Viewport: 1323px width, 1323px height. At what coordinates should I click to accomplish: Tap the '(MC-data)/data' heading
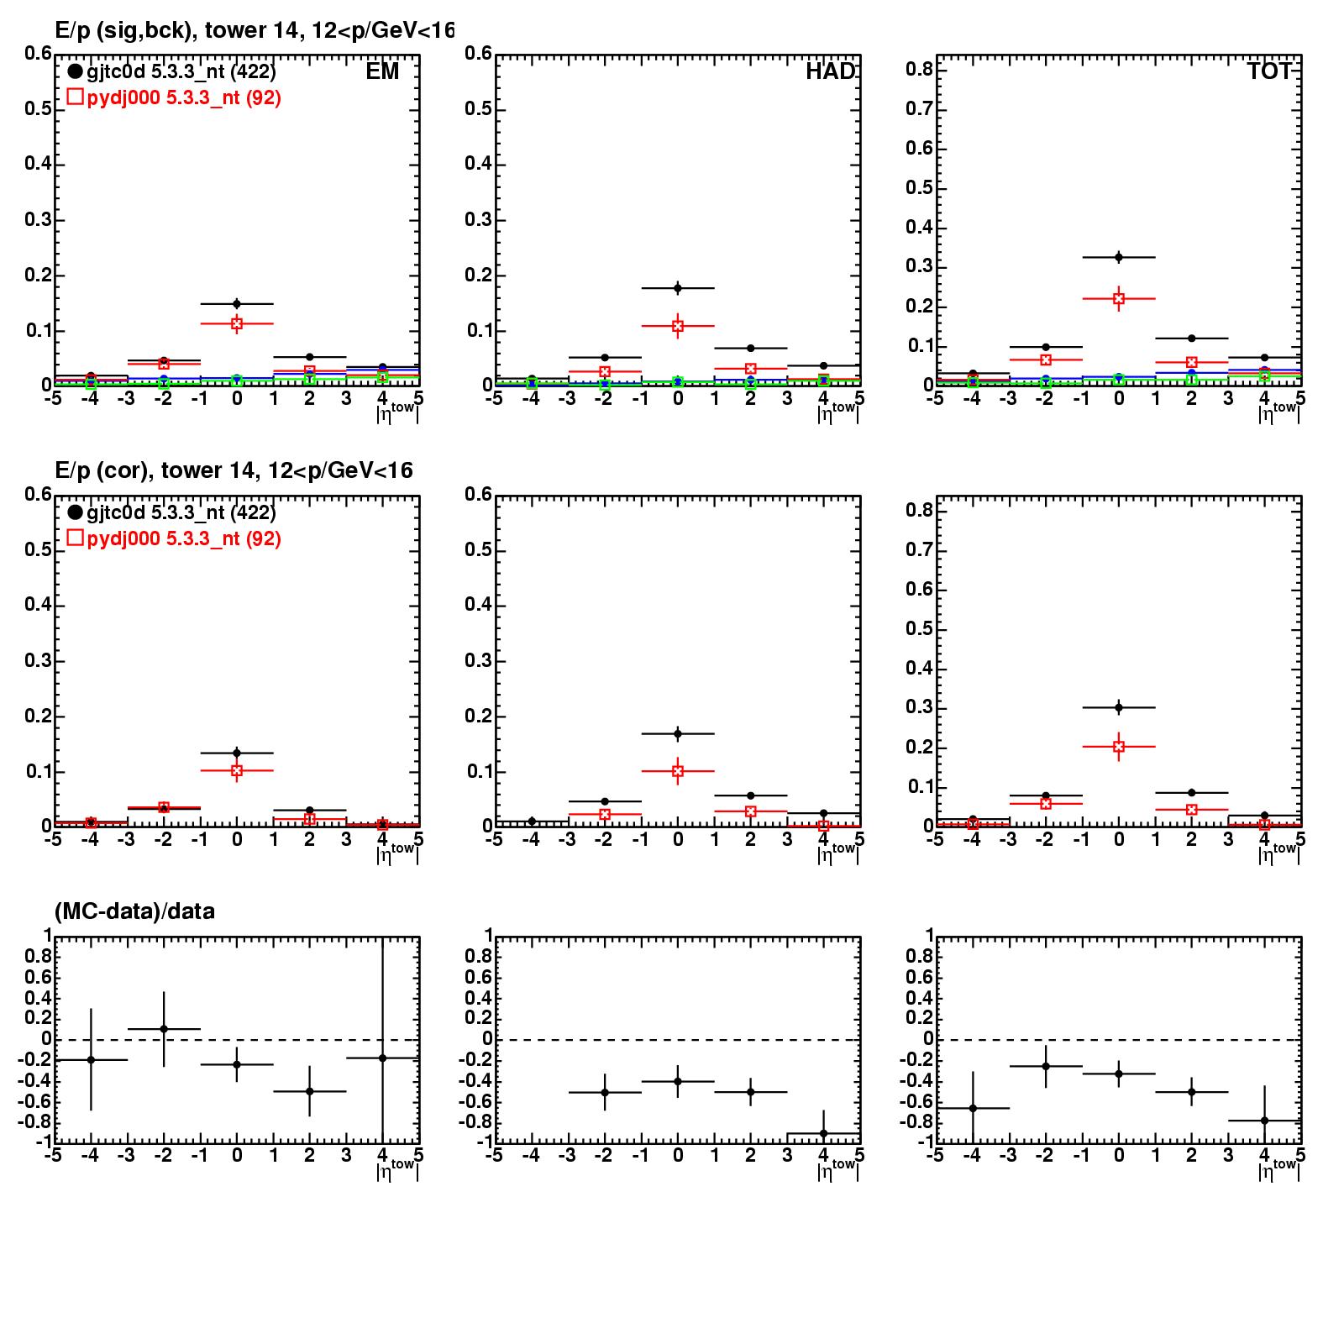[134, 911]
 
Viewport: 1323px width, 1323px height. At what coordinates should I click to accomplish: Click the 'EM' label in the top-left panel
[382, 72]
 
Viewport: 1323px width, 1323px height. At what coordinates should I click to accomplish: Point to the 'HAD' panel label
[830, 72]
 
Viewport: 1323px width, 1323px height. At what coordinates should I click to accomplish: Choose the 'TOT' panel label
[1268, 72]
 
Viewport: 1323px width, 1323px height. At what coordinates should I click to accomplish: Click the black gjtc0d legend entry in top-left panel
[171, 72]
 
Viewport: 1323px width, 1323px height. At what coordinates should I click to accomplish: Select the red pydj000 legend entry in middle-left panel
[173, 538]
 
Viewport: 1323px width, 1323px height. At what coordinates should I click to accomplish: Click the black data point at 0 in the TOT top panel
[1119, 257]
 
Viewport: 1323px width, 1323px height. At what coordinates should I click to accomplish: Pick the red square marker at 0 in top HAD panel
[678, 326]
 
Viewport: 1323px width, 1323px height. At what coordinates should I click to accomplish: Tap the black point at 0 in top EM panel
[237, 303]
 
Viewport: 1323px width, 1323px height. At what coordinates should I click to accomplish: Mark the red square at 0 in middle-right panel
[1119, 746]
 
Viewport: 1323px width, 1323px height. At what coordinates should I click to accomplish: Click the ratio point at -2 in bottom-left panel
[164, 1028]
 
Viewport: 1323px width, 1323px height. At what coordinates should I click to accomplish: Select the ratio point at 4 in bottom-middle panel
[823, 1133]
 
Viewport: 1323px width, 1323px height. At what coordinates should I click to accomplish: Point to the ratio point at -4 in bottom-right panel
[973, 1108]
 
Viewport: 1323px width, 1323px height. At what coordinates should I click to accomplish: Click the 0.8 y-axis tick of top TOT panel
[919, 70]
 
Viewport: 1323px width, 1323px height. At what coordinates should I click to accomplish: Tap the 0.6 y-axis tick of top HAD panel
[479, 54]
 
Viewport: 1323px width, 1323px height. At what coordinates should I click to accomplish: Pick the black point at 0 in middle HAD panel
[678, 733]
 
